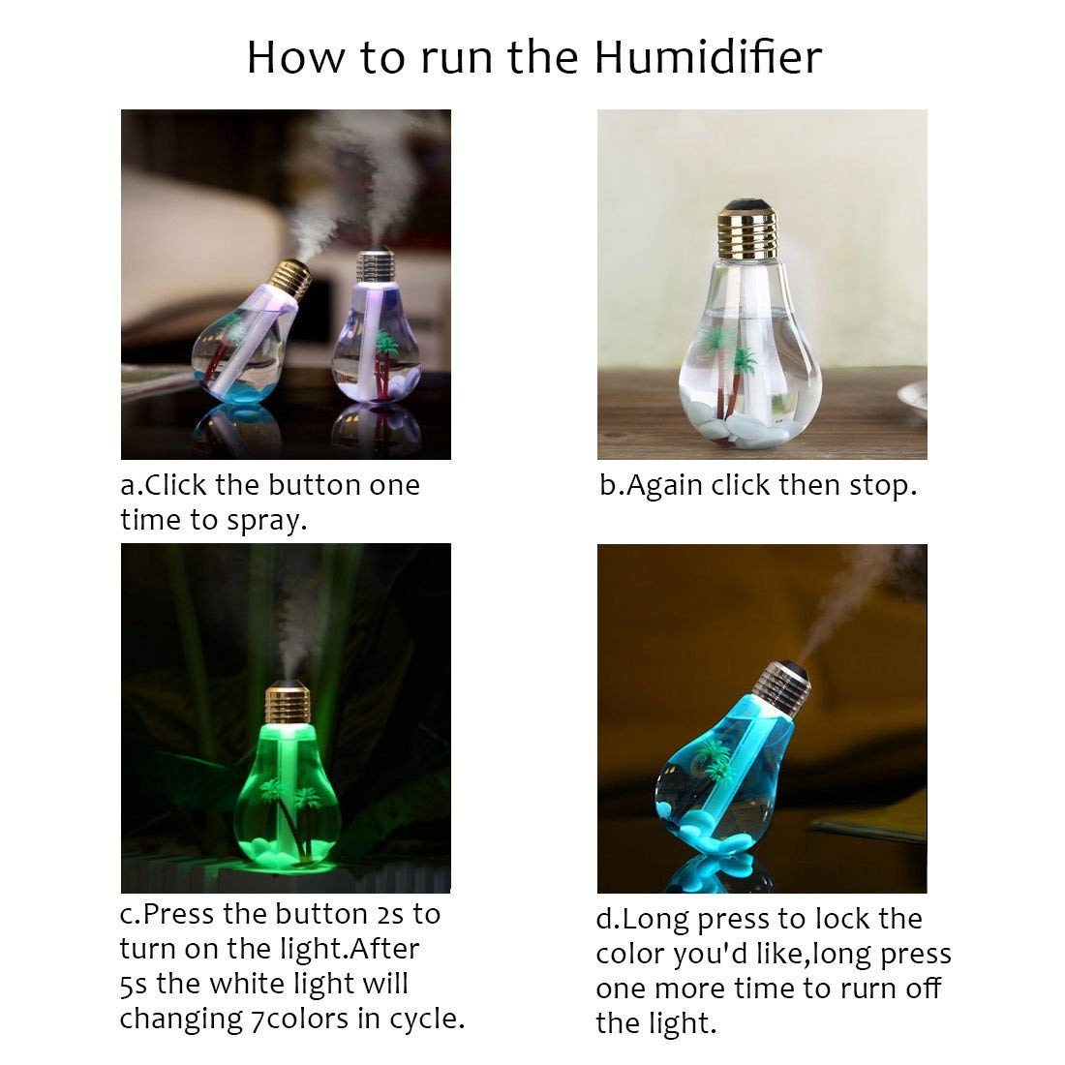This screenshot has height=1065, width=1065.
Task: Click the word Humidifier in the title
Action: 708,57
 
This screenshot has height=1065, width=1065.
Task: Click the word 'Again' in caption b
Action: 666,485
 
